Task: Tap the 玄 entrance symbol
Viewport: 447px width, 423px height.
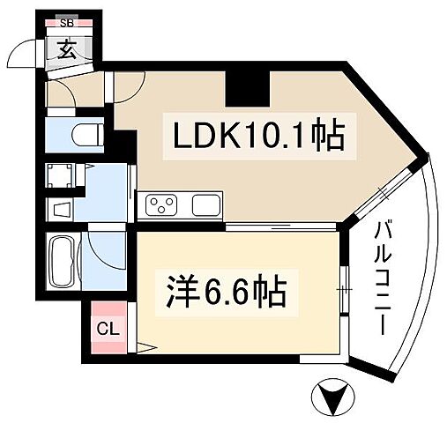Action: point(67,48)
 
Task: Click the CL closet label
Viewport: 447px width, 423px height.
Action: point(108,330)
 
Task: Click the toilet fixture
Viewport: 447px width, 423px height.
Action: point(84,136)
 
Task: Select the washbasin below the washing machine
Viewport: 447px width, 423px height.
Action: point(62,211)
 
